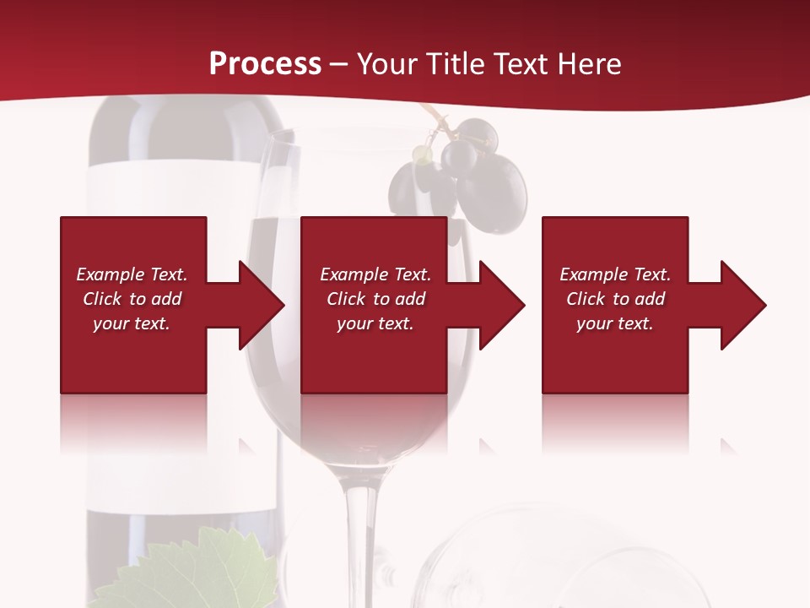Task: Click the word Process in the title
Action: click(x=265, y=64)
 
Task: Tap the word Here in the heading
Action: click(x=590, y=64)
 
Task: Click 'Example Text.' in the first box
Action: click(x=132, y=274)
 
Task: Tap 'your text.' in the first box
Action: click(x=132, y=323)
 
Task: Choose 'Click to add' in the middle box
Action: click(x=375, y=299)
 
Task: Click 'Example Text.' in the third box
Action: click(x=615, y=274)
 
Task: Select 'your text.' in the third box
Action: click(x=615, y=323)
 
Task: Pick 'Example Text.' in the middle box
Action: click(x=375, y=274)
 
